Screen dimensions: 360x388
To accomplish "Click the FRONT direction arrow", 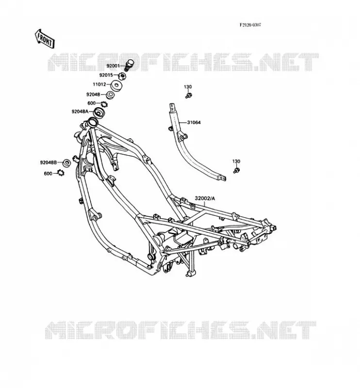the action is point(45,39).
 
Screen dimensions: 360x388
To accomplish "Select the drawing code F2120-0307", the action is point(250,25).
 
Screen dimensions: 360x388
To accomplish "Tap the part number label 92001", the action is point(113,66).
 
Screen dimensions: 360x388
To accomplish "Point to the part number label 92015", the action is point(106,75).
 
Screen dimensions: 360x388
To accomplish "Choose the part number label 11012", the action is point(99,84).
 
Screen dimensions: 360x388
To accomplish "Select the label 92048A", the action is point(80,112).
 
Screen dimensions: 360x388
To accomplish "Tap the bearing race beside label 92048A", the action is point(99,113).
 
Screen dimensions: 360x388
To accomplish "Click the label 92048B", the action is point(49,162).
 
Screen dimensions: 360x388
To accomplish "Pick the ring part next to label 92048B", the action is point(66,163).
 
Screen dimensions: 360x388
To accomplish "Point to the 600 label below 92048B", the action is point(48,174).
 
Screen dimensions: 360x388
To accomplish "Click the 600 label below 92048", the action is point(92,103).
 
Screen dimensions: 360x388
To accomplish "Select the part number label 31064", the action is point(194,123).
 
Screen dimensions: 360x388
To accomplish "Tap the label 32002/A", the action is point(205,198).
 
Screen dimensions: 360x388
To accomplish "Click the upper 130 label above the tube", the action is point(188,87).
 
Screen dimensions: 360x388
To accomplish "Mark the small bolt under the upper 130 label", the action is point(189,95).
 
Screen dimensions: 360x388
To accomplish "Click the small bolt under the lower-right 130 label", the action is point(236,170).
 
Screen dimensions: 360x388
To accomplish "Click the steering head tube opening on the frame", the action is point(93,122).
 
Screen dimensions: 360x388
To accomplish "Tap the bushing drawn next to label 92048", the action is point(110,95).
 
